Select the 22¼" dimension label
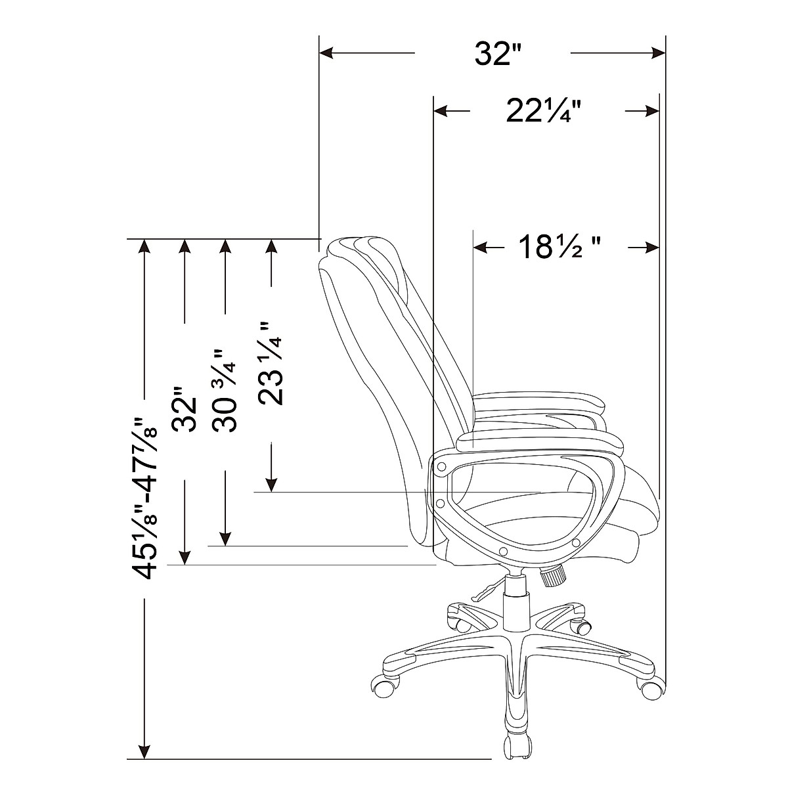click(x=544, y=111)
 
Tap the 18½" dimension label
click(x=560, y=248)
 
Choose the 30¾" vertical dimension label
click(x=225, y=391)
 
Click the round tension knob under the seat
click(x=554, y=576)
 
